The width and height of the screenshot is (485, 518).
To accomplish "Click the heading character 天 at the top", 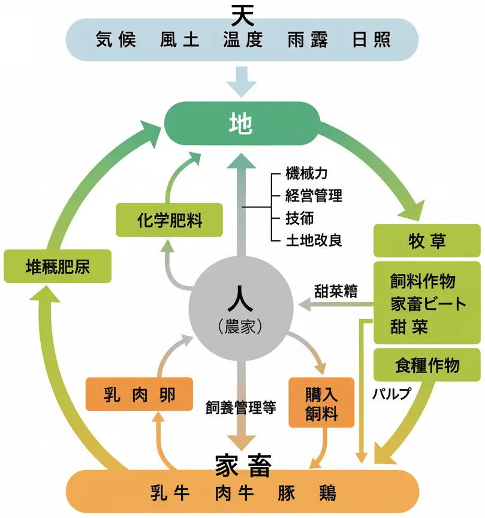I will (x=242, y=12).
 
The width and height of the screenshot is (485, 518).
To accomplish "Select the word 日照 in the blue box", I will (x=372, y=40).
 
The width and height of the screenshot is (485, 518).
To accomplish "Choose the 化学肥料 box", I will (x=169, y=220).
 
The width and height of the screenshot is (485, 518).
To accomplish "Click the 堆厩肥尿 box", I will (x=58, y=266).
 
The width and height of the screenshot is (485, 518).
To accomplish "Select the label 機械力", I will (x=306, y=175).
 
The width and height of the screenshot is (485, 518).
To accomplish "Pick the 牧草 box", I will (x=426, y=241).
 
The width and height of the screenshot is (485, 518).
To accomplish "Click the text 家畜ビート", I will (x=427, y=303).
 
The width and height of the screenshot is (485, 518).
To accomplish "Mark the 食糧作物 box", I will (x=427, y=366).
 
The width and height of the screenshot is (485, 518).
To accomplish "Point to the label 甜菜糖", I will (x=336, y=291).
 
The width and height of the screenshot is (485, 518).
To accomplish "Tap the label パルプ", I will (x=391, y=394).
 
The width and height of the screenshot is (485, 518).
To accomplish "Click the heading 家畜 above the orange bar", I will (x=242, y=463).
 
